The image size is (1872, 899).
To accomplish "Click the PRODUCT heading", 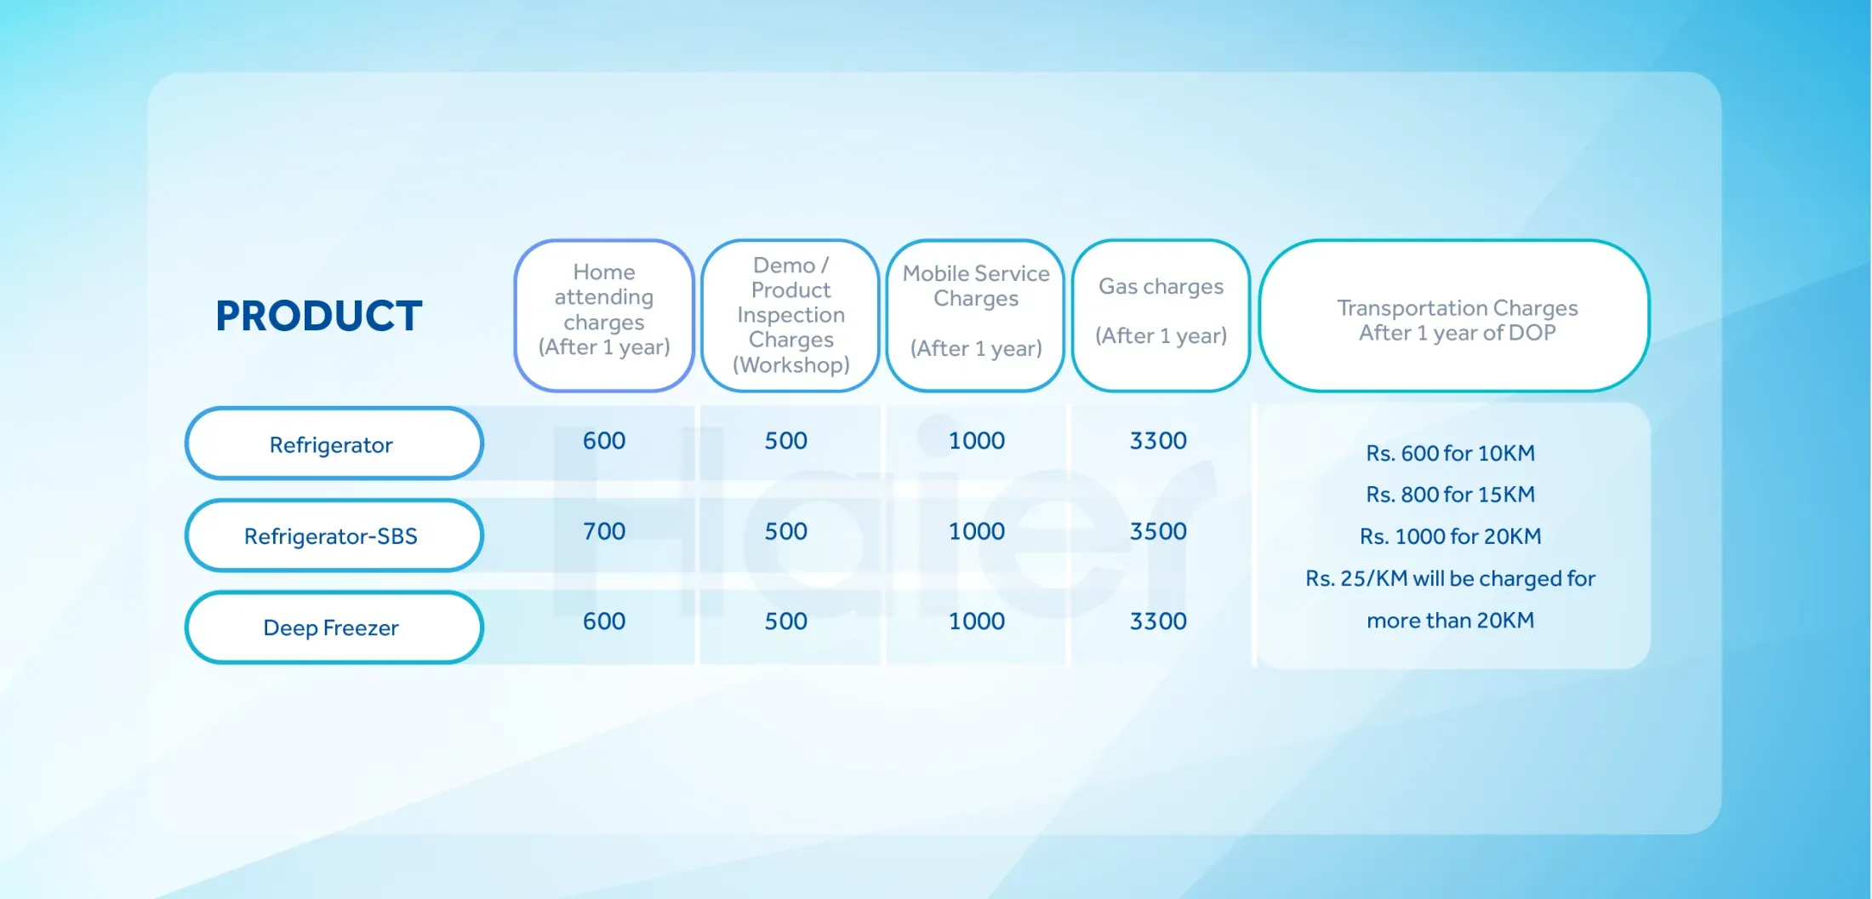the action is click(x=319, y=316).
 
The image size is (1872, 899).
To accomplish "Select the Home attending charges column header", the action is click(x=604, y=316).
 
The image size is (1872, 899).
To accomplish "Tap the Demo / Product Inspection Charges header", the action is click(x=790, y=316).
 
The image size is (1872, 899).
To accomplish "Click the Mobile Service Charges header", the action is click(x=976, y=316).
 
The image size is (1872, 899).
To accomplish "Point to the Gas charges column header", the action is click(x=1161, y=316).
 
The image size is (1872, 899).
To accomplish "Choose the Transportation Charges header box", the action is click(x=1455, y=316).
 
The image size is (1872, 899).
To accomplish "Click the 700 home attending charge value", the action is click(x=604, y=531).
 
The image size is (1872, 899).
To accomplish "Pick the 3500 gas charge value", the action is click(x=1158, y=531).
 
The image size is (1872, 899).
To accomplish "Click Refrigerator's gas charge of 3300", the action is click(x=1158, y=441).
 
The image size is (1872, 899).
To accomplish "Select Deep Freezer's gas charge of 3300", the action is click(x=1158, y=621).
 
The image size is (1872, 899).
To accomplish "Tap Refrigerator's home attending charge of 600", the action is click(x=604, y=441).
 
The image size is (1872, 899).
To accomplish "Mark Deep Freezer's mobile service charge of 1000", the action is click(x=977, y=621).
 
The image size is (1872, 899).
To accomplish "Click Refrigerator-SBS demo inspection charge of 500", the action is click(x=785, y=531).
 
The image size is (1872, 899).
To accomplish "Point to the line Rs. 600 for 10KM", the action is click(x=1451, y=453).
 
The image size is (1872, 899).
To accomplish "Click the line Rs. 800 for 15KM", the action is click(x=1451, y=495).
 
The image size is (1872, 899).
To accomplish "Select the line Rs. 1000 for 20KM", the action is click(x=1451, y=536).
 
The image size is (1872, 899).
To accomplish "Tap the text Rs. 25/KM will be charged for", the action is click(x=1451, y=579).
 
